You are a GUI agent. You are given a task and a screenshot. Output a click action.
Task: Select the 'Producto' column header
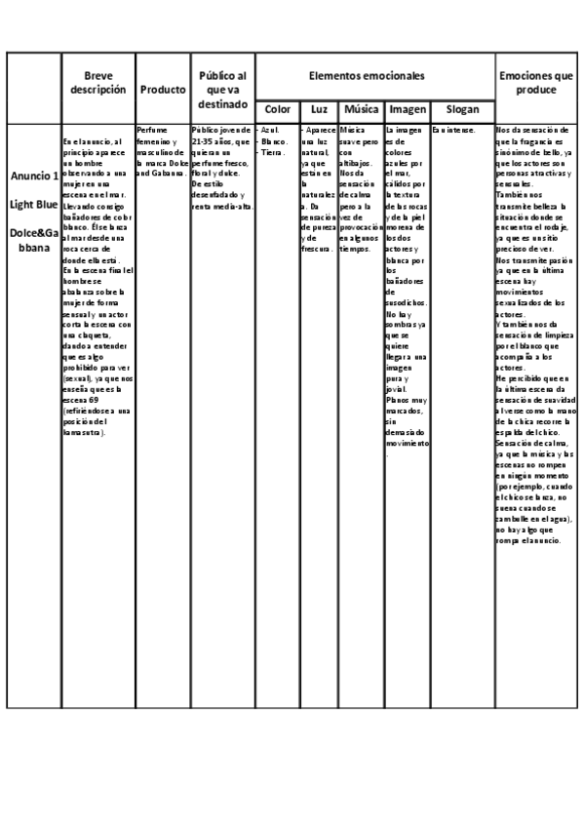point(163,90)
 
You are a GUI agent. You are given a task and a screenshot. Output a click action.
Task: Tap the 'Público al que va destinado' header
point(222,89)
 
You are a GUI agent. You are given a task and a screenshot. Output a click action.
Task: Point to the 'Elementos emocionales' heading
point(374,75)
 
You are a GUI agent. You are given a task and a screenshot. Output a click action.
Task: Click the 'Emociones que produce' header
point(535,82)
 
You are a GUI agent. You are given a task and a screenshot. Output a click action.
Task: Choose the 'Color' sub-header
point(276,110)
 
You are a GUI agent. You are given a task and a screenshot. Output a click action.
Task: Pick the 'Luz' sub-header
point(318,110)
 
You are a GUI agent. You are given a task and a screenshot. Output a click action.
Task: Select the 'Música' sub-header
point(361,110)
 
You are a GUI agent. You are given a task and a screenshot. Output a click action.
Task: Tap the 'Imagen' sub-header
point(407,110)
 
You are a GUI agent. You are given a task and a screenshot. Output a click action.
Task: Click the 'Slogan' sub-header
point(462,110)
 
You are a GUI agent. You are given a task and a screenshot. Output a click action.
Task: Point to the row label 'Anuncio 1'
point(34,177)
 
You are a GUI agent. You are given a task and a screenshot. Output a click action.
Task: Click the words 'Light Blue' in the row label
point(34,204)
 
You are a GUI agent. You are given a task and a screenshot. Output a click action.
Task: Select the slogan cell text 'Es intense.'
point(453,130)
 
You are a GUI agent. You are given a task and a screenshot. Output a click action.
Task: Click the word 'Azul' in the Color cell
point(270,130)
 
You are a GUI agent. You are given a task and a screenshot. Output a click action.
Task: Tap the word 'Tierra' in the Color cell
point(272,151)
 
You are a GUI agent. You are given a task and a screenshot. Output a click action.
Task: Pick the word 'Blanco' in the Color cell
point(273,140)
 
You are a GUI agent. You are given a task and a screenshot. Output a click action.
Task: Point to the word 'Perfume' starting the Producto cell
point(150,130)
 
